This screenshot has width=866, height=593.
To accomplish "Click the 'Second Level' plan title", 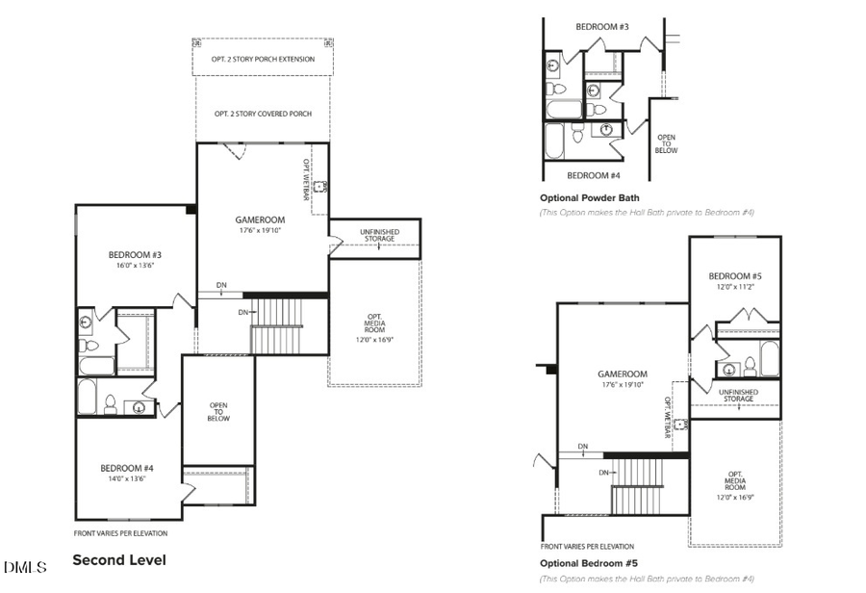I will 119,559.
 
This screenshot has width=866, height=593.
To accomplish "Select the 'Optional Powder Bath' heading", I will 589,198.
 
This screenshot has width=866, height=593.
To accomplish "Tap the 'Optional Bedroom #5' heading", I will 589,563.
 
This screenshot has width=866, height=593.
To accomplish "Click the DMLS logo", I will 24,567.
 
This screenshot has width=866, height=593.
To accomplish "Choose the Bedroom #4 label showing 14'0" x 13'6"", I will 127,474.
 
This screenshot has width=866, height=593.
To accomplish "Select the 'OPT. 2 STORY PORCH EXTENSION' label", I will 263,58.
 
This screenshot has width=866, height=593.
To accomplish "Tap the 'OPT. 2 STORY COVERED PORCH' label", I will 263,114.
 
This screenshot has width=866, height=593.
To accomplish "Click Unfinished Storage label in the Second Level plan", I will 379,235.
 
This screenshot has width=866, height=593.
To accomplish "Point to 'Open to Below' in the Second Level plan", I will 218,412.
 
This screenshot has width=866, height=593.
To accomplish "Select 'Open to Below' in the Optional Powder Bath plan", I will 666,143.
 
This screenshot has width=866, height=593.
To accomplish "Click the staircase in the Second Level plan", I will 277,325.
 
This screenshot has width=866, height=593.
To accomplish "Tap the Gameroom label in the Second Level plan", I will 261,224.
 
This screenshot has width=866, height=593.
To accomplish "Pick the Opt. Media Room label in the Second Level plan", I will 375,327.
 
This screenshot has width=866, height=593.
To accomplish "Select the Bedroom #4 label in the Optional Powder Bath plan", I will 594,175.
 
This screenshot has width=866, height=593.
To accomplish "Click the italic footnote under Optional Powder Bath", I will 646,212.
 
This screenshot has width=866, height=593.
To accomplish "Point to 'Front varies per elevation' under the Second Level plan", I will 120,533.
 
